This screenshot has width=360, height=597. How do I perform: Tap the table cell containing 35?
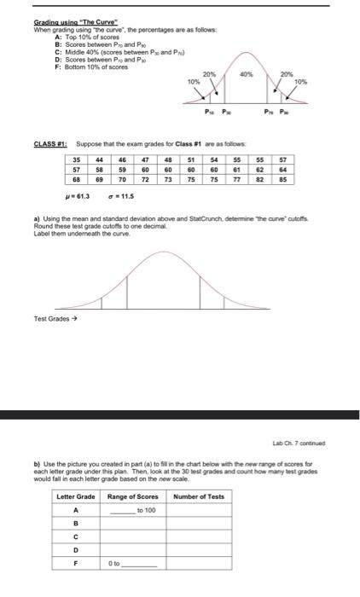[77, 159]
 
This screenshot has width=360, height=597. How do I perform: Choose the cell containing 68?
[77, 180]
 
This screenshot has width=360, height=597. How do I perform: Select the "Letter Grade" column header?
[76, 496]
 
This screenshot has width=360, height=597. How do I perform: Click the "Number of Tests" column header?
[199, 496]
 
